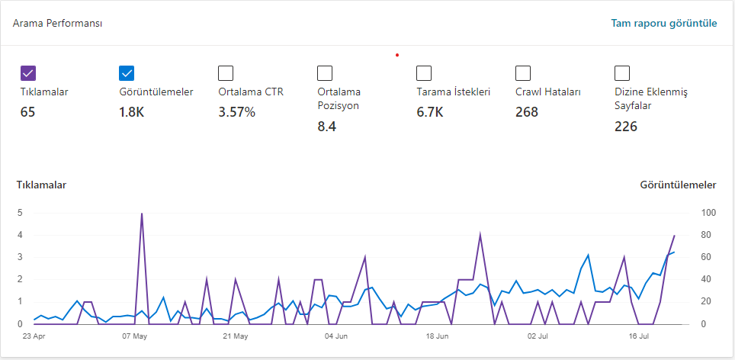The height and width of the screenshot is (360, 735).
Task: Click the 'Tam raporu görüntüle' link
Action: click(664, 23)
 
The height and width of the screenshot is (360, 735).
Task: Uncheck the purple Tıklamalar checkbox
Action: click(28, 73)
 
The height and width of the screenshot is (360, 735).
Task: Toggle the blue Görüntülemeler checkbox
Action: click(127, 73)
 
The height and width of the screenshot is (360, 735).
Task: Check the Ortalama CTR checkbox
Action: click(226, 73)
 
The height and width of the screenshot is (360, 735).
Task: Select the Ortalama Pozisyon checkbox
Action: click(325, 73)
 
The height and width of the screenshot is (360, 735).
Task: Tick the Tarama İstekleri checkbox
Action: click(424, 73)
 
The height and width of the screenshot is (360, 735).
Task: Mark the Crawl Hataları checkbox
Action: click(523, 73)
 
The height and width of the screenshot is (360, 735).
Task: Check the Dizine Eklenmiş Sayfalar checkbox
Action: click(622, 73)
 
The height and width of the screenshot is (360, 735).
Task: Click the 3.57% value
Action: click(236, 113)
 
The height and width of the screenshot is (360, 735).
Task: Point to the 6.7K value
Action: click(429, 113)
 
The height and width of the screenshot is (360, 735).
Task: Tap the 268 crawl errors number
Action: click(527, 113)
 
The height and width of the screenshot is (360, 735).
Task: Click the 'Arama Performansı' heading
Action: click(58, 24)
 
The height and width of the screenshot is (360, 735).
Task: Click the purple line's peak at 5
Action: click(142, 214)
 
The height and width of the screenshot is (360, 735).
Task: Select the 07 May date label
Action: click(134, 336)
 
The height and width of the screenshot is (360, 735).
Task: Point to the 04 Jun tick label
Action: click(335, 336)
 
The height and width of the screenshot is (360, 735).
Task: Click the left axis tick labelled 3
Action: click(20, 257)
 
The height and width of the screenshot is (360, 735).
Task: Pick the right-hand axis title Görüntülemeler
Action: click(679, 185)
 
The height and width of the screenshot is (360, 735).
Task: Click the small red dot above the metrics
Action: click(397, 56)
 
